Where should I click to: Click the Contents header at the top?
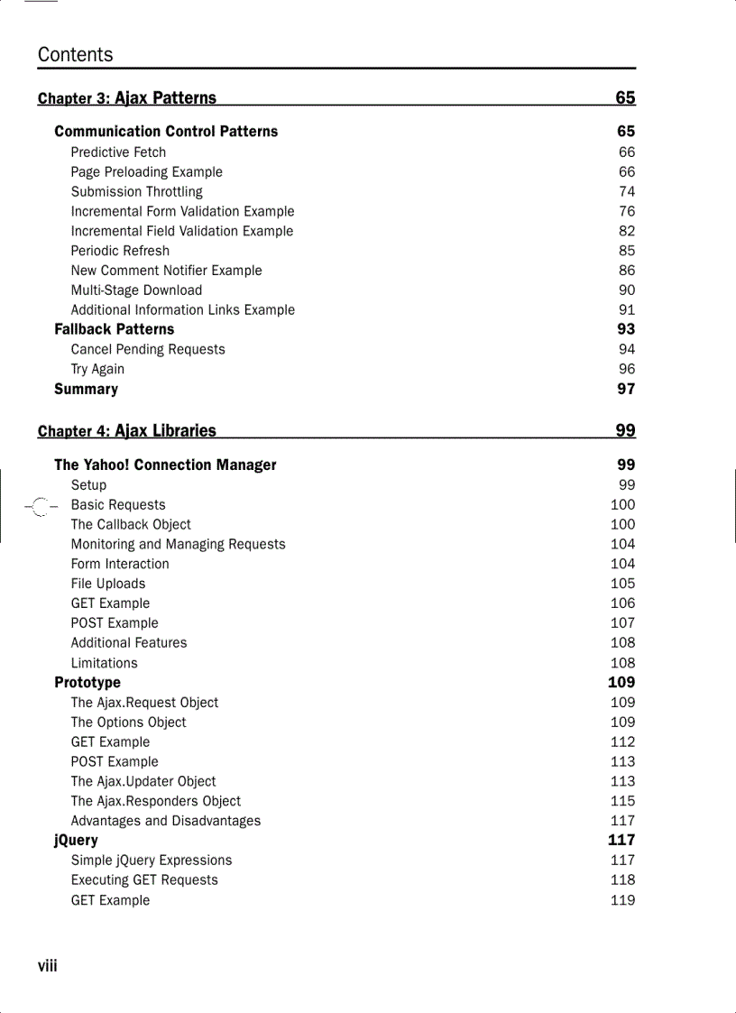[x=76, y=55]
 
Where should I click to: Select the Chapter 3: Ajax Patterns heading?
[x=127, y=98]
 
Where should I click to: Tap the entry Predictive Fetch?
[x=118, y=152]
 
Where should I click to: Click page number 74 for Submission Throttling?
[x=626, y=191]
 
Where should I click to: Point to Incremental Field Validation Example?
[x=182, y=231]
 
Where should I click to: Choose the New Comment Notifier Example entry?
[x=166, y=271]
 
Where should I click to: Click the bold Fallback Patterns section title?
[x=114, y=329]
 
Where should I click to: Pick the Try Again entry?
[x=97, y=369]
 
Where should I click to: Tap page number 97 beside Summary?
[x=626, y=389]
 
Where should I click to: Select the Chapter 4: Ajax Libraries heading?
[x=127, y=431]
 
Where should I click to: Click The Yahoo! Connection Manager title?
[x=165, y=465]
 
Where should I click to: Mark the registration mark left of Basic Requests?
[x=39, y=507]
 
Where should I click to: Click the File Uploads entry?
[x=108, y=584]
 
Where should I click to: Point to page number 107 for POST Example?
[x=622, y=623]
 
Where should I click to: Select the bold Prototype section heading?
[x=87, y=683]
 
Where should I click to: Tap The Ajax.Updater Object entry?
[x=143, y=781]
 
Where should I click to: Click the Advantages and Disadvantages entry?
[x=166, y=821]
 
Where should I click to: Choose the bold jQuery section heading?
[x=76, y=841]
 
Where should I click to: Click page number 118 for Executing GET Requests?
[x=622, y=880]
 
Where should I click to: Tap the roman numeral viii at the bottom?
[x=47, y=966]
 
